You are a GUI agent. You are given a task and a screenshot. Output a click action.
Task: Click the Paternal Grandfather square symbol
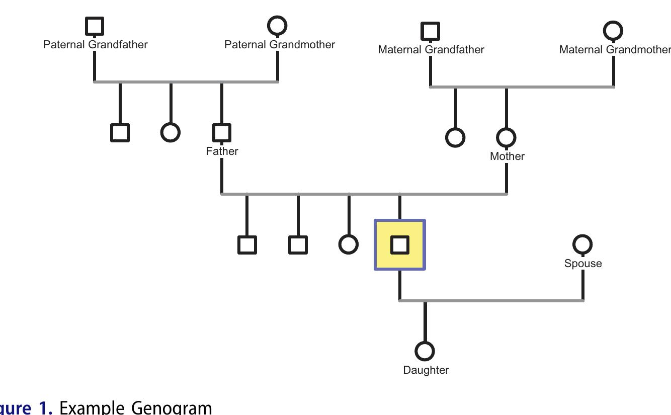[95, 26]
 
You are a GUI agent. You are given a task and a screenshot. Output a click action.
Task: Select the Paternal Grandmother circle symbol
[277, 26]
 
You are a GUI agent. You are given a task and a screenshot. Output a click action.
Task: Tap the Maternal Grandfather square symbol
[430, 31]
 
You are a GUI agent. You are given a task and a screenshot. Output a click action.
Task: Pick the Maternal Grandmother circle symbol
[613, 31]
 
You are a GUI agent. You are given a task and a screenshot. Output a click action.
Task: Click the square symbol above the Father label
[222, 133]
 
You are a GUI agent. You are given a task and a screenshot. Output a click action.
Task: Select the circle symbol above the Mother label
[506, 137]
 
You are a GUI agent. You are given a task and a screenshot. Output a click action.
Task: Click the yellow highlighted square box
[400, 245]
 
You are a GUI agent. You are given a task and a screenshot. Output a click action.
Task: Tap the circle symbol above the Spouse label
[582, 244]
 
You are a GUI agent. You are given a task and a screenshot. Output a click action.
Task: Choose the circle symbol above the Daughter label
[425, 351]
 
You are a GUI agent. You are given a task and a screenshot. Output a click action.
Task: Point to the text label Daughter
[426, 370]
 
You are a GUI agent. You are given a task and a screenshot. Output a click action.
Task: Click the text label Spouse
[583, 264]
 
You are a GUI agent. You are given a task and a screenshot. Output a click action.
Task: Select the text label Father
[222, 151]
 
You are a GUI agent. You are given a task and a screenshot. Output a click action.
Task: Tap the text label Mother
[507, 156]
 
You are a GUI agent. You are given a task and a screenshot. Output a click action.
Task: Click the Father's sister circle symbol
[170, 132]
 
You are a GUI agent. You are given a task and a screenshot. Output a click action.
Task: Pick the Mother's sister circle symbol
[455, 137]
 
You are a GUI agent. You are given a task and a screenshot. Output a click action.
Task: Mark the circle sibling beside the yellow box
[349, 244]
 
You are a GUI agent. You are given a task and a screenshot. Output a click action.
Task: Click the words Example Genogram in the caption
[136, 407]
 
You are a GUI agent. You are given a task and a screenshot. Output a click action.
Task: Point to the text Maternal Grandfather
[431, 50]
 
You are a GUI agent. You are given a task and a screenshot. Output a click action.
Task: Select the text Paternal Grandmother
[280, 45]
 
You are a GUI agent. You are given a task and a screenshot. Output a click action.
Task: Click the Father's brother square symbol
[120, 133]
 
